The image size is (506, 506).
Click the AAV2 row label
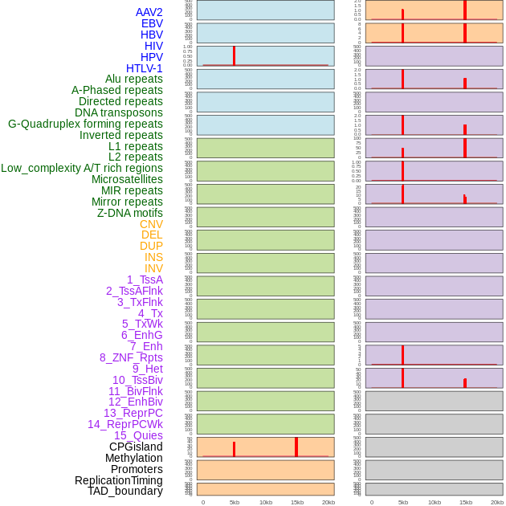(x=149, y=12)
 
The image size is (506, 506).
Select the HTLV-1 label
(x=144, y=68)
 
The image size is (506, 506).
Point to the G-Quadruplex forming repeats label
(x=85, y=124)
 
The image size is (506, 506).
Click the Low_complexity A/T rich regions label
(x=82, y=168)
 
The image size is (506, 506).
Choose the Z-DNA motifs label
(x=130, y=213)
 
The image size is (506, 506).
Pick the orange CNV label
(x=151, y=224)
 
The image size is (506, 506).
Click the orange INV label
(x=153, y=268)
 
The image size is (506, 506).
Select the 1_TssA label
(x=145, y=280)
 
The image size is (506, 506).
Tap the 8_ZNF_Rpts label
(x=131, y=357)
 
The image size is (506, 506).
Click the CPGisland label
(x=136, y=447)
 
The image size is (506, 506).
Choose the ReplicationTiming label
(x=119, y=480)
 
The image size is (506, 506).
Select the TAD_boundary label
(x=125, y=491)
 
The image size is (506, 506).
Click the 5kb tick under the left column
(x=235, y=502)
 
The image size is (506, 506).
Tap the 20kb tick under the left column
(x=328, y=502)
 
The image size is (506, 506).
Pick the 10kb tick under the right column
(x=435, y=502)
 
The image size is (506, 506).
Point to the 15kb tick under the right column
(x=466, y=502)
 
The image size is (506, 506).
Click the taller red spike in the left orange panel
(x=296, y=447)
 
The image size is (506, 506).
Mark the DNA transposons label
(x=119, y=112)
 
